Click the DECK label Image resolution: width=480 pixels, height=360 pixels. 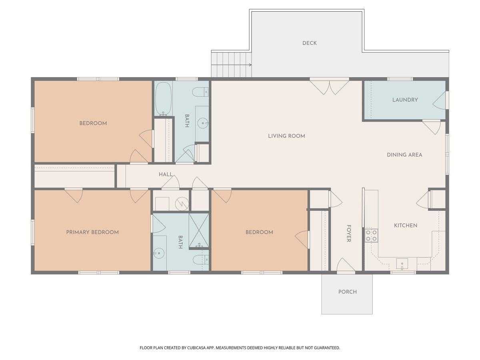(x=309, y=43)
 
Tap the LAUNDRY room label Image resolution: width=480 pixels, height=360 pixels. (x=405, y=100)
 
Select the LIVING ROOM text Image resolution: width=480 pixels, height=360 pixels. (x=286, y=136)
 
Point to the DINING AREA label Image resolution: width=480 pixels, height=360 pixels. (x=404, y=155)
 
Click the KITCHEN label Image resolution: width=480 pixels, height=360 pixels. (x=406, y=225)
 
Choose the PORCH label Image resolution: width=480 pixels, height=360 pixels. (x=347, y=292)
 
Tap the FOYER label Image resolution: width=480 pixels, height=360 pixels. (x=349, y=233)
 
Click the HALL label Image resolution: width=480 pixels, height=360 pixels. (x=166, y=174)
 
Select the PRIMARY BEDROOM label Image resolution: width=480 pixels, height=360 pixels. (x=92, y=232)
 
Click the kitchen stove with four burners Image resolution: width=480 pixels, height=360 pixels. (x=371, y=236)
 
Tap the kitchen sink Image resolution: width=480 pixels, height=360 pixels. (x=402, y=264)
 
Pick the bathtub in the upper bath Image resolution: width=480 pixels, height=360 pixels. (x=163, y=99)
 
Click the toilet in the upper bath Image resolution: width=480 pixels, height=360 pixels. (x=200, y=92)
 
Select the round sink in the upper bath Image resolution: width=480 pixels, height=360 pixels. (x=203, y=123)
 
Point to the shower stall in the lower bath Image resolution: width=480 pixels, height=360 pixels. (x=198, y=231)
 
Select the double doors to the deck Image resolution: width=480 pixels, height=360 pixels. (x=329, y=87)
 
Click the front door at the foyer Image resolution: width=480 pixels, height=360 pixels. (x=346, y=266)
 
